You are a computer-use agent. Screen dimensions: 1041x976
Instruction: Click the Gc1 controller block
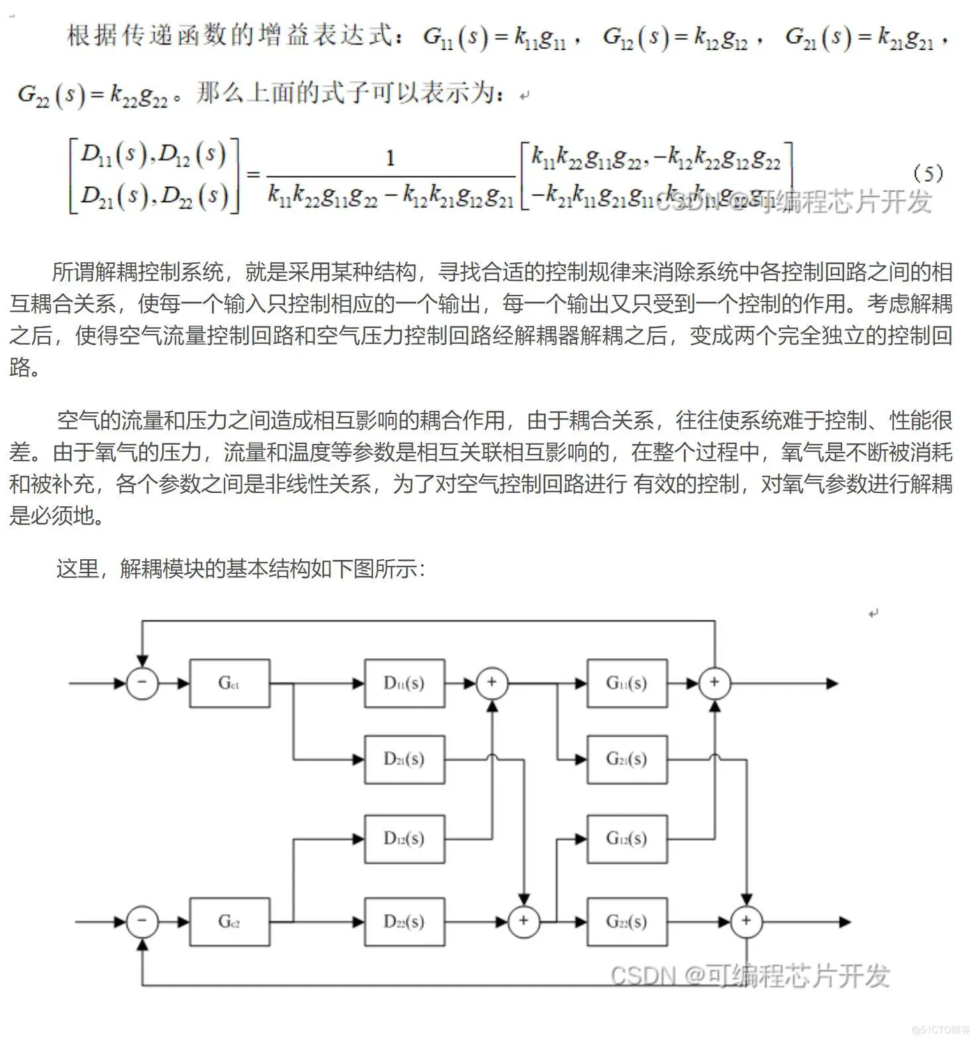pyautogui.click(x=229, y=683)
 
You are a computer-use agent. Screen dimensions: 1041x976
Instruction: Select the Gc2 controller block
pyautogui.click(x=229, y=922)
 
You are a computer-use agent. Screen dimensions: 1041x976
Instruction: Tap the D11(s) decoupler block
pyautogui.click(x=404, y=683)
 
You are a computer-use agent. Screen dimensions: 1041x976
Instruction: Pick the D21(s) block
pyautogui.click(x=404, y=759)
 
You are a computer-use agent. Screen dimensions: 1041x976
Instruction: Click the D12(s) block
pyautogui.click(x=404, y=839)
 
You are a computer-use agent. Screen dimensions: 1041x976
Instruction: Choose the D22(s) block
pyautogui.click(x=404, y=922)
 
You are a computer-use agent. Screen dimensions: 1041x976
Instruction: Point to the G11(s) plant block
pyautogui.click(x=627, y=683)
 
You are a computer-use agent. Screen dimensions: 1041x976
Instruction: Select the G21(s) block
pyautogui.click(x=627, y=759)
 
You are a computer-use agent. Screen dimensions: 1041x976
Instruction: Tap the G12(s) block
pyautogui.click(x=627, y=839)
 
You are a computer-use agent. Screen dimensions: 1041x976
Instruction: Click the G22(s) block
pyautogui.click(x=627, y=922)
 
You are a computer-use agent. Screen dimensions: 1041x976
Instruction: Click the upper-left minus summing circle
pyautogui.click(x=142, y=683)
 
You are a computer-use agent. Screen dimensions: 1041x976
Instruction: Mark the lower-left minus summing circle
pyautogui.click(x=142, y=922)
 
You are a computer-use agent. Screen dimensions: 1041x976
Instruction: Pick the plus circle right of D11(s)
pyautogui.click(x=492, y=683)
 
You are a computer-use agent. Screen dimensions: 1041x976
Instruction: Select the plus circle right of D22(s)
pyautogui.click(x=524, y=922)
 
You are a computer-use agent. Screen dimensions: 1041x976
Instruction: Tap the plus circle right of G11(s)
pyautogui.click(x=715, y=683)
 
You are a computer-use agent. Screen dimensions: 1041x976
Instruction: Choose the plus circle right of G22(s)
pyautogui.click(x=747, y=922)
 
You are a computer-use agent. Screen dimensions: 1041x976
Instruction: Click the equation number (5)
pyautogui.click(x=928, y=173)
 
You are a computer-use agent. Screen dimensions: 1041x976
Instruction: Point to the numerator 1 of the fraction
pyautogui.click(x=390, y=158)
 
